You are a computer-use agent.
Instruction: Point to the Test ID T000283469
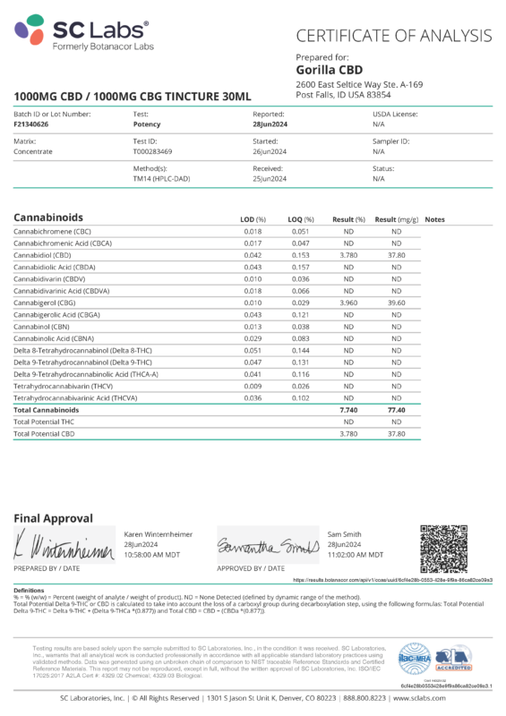[153, 152]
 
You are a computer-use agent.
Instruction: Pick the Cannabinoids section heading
[48, 218]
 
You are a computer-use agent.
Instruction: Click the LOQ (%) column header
[302, 219]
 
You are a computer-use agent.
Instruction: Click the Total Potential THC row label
[46, 421]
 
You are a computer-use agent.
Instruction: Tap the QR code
[444, 549]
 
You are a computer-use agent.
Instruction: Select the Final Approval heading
[53, 518]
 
